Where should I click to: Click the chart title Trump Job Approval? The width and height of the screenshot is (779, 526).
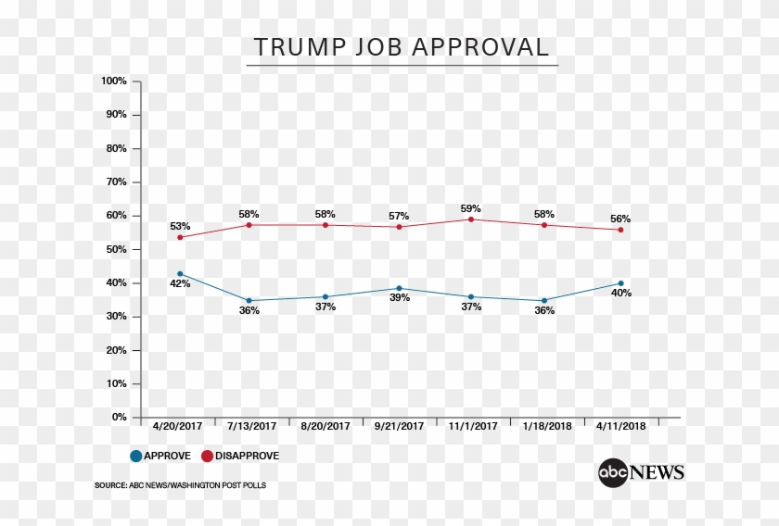click(x=402, y=47)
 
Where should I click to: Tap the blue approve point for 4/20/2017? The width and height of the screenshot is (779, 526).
click(x=180, y=274)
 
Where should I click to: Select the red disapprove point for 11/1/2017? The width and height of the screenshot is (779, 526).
click(x=471, y=219)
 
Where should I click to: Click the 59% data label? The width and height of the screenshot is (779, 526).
click(x=471, y=208)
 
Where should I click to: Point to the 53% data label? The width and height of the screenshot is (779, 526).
click(x=180, y=226)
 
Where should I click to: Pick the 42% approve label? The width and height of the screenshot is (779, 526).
click(x=180, y=284)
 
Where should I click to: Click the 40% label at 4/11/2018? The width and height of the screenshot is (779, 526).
click(x=620, y=294)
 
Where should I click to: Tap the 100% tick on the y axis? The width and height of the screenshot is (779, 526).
click(x=114, y=81)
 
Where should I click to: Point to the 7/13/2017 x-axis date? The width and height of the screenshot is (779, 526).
click(x=252, y=427)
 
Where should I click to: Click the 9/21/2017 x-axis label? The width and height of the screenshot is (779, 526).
click(x=398, y=427)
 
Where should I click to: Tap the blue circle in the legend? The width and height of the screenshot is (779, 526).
click(x=136, y=456)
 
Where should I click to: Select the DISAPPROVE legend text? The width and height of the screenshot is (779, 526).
click(x=248, y=456)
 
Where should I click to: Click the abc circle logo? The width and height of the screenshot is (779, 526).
click(x=613, y=472)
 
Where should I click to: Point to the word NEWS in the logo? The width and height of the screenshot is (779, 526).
click(x=658, y=472)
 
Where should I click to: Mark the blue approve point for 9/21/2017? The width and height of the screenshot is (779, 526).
click(x=399, y=289)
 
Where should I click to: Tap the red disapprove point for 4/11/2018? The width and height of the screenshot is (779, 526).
click(x=620, y=230)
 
